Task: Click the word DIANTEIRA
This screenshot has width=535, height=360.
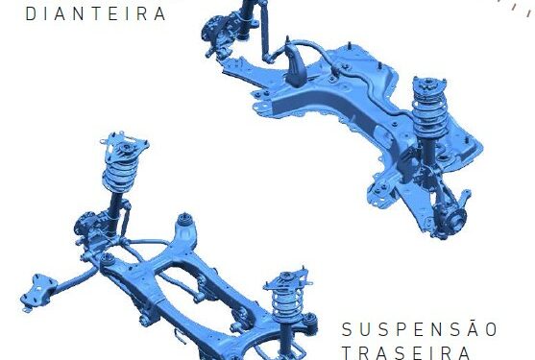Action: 96,13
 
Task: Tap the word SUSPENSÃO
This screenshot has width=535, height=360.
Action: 420,329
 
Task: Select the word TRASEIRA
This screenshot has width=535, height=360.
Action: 406,353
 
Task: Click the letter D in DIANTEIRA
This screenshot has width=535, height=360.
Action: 31,13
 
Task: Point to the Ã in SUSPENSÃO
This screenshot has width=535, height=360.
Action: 473,328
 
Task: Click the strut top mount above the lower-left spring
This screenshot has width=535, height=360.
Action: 125,147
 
